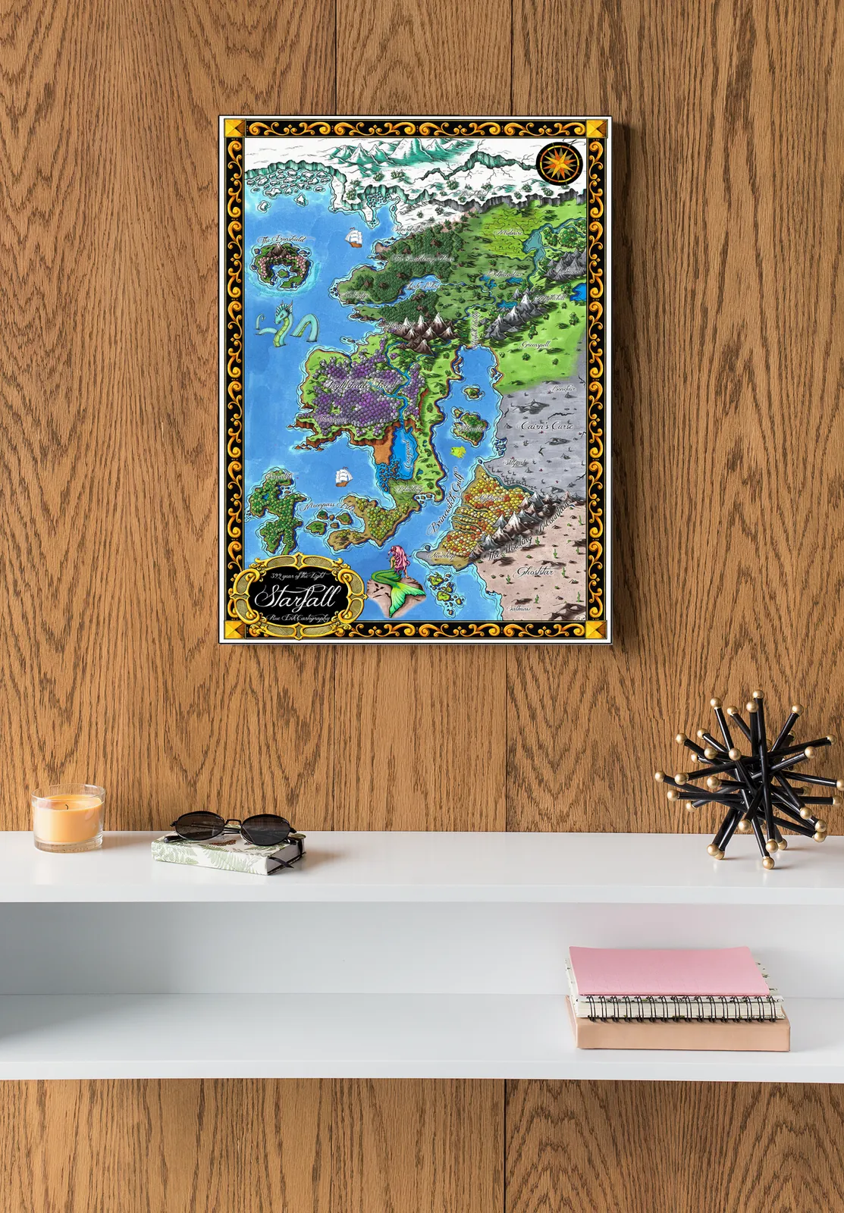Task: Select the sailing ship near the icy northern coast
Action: coord(353,237)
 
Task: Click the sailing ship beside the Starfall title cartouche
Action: coord(344,477)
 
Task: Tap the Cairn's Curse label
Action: coord(546,426)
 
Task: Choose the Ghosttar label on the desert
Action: coord(534,571)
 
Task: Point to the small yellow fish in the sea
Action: coord(457,450)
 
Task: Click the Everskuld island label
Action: coord(281,240)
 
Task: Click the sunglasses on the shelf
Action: coord(234,826)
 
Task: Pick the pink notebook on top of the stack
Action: coord(669,971)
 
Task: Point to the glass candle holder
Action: coord(67,820)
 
